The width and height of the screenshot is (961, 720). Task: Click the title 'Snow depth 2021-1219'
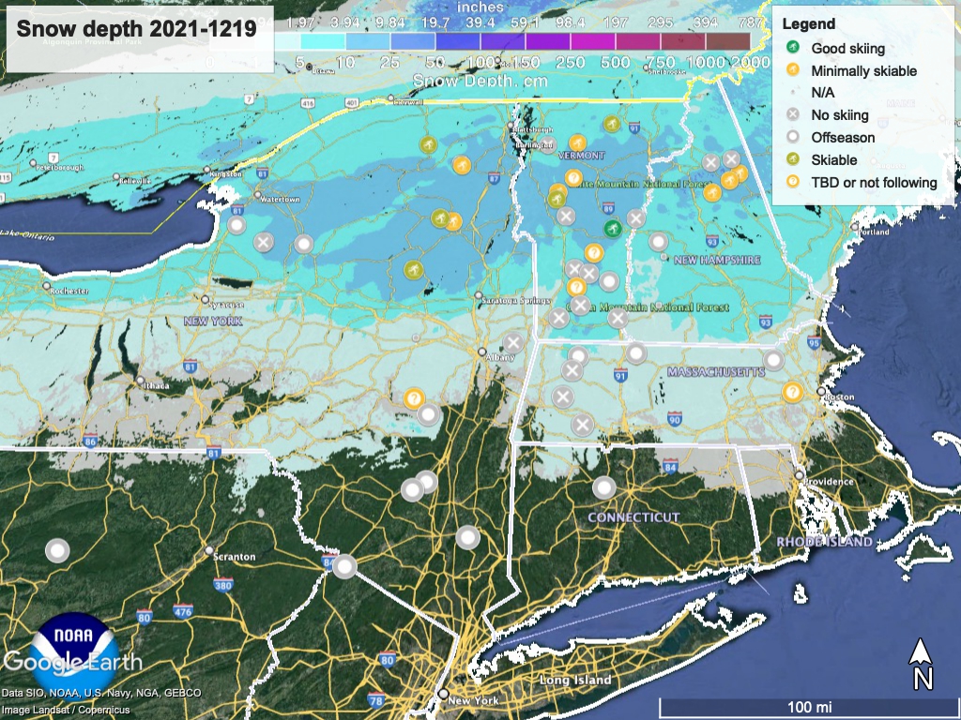[137, 30]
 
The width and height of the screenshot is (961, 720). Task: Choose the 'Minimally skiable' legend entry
[863, 70]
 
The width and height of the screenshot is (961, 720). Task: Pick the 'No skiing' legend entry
[839, 115]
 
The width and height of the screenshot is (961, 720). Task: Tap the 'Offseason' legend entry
[842, 138]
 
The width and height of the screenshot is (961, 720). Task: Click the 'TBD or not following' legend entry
[874, 183]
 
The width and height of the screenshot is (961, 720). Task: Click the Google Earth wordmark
[73, 663]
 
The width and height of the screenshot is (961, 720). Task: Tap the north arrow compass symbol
[922, 664]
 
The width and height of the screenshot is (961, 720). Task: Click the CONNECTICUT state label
[633, 517]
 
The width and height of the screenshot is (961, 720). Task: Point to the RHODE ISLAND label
[824, 542]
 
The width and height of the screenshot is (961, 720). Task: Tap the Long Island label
[575, 680]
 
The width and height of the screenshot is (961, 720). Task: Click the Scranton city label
[235, 557]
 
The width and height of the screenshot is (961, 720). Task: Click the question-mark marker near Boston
[792, 392]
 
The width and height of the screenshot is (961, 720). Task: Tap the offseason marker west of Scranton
[58, 551]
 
